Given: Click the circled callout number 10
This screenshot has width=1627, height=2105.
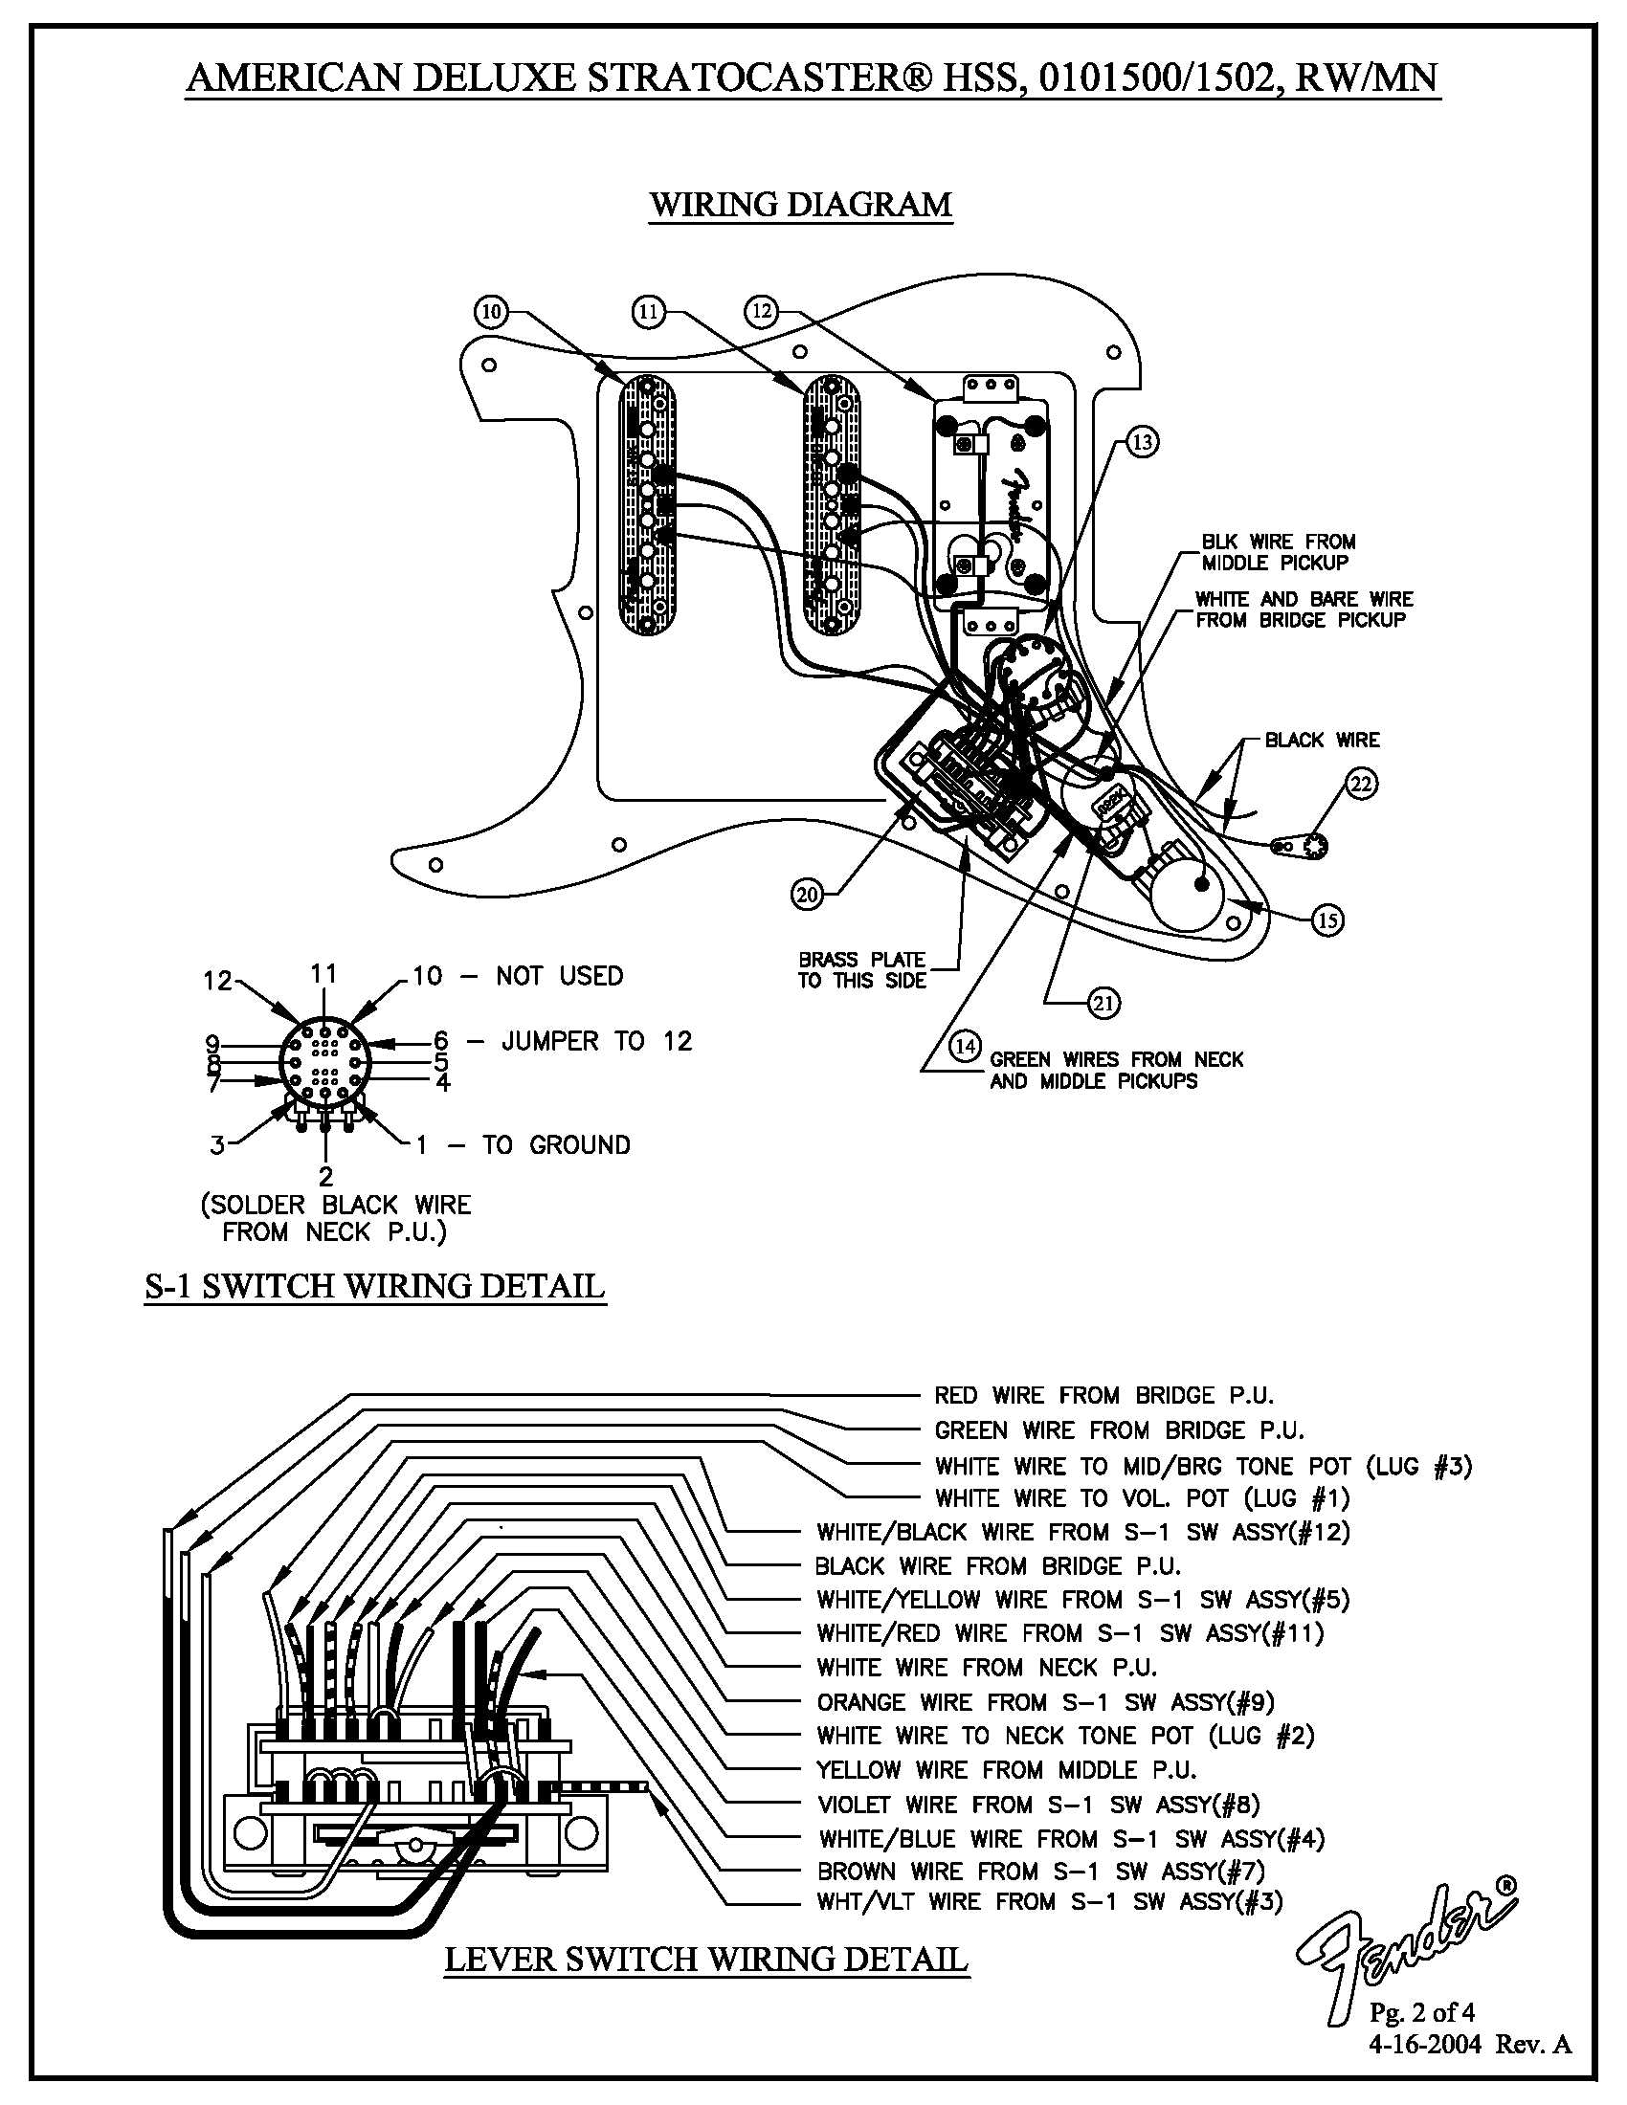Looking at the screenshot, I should pyautogui.click(x=492, y=311).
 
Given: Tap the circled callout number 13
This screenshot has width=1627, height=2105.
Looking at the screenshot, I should pyautogui.click(x=1141, y=442).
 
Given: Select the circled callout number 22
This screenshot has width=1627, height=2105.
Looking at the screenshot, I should pyautogui.click(x=1360, y=784).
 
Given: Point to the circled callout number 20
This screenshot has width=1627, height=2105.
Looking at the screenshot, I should pyautogui.click(x=807, y=895).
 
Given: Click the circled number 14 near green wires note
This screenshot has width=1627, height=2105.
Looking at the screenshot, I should pyautogui.click(x=965, y=1045).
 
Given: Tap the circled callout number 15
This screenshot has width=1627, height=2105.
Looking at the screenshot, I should pyautogui.click(x=1328, y=920).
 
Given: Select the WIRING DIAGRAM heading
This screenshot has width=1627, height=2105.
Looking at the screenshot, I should pyautogui.click(x=800, y=205).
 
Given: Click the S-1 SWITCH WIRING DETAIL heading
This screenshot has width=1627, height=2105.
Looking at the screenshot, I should pyautogui.click(x=374, y=1286).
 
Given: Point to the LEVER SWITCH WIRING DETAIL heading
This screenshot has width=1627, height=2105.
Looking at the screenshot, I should pyautogui.click(x=705, y=1959).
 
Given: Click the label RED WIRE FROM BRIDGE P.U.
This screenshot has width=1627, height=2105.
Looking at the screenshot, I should pyautogui.click(x=1103, y=1395).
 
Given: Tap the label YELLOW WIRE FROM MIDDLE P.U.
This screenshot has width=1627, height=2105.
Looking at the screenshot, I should pyautogui.click(x=1006, y=1769).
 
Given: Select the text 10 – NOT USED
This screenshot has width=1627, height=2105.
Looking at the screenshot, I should pyautogui.click(x=518, y=975).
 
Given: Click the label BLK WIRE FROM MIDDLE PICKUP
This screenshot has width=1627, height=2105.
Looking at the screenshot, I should pyautogui.click(x=1277, y=551).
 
